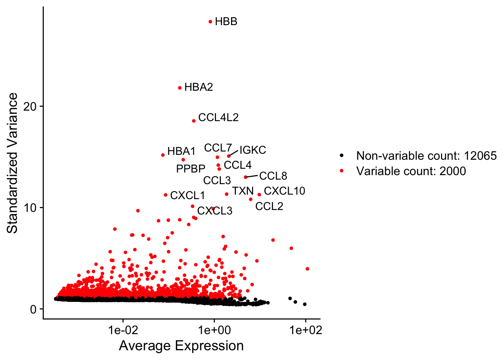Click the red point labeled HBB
210,22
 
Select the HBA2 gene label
198,87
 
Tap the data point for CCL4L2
194,121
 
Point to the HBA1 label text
181,151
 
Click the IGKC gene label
253,150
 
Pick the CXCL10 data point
259,195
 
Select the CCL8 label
273,176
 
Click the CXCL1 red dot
165,195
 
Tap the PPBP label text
190,169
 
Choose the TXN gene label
243,191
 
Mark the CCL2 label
269,207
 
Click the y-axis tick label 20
30,106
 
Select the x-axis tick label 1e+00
214,330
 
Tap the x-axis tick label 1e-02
123,330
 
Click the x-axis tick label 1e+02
305,330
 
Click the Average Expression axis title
181,346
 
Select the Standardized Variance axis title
13,163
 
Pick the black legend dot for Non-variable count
341,156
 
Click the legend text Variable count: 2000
411,171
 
